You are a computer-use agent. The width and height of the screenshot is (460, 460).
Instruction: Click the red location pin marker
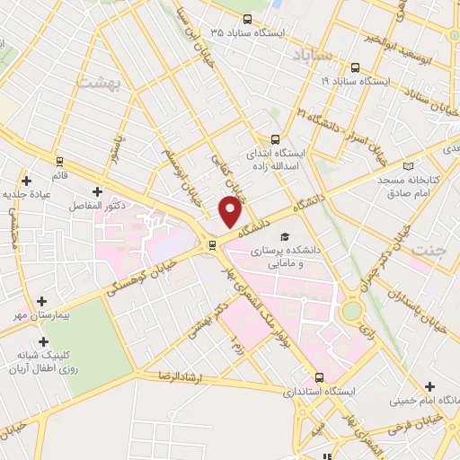(x=231, y=211)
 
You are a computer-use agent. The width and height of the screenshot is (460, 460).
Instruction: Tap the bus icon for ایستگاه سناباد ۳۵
(x=248, y=19)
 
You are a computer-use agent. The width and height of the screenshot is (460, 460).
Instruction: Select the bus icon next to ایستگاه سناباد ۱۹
(x=355, y=67)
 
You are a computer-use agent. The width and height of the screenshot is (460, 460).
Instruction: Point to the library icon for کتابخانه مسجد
(x=410, y=166)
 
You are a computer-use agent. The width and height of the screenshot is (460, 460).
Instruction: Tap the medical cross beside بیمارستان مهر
(x=41, y=302)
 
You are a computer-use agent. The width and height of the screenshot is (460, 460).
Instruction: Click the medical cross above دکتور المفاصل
(x=97, y=191)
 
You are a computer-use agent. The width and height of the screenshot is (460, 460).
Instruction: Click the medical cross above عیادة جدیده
(x=26, y=180)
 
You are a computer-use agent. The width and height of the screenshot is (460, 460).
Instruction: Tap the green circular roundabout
(x=352, y=310)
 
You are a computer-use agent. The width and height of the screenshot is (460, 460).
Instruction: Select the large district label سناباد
(x=312, y=56)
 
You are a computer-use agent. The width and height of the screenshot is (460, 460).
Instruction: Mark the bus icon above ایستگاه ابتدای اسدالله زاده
(x=276, y=139)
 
